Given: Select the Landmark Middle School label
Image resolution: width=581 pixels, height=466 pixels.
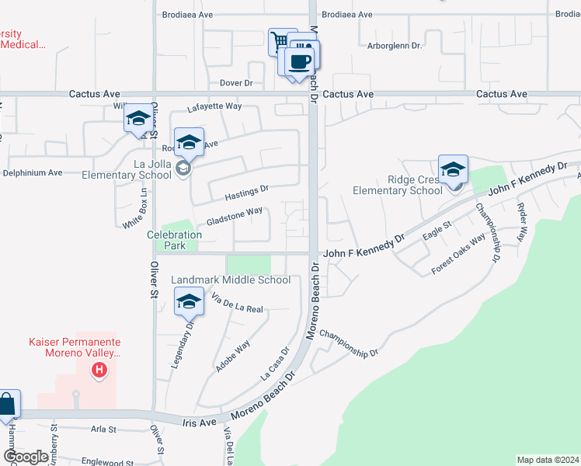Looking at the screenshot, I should tap(230, 280).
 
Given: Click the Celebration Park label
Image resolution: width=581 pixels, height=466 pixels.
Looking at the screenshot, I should tap(175, 240).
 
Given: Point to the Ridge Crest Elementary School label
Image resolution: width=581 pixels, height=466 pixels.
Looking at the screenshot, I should tap(397, 185).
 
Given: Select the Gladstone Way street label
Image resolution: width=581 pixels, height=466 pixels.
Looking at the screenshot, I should tap(235, 216).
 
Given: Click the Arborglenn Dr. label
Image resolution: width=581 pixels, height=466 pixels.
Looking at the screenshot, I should tap(395, 46).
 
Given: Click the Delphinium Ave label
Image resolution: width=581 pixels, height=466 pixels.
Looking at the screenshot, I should tap(33, 172).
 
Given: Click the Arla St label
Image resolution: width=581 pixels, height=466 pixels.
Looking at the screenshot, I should tap(103, 429).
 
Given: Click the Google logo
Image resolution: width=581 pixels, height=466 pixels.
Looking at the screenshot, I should tap(26, 457).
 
